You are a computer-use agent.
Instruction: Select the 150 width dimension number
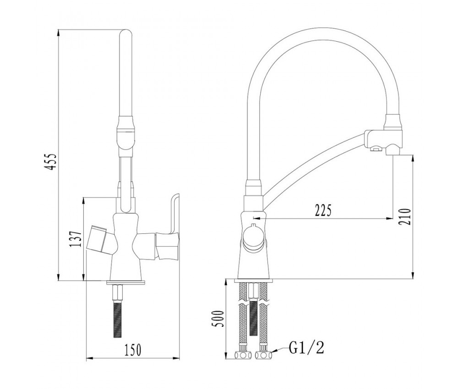(133, 350)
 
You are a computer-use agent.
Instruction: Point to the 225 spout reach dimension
(323, 211)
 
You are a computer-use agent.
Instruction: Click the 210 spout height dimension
(406, 216)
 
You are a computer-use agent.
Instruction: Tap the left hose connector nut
(243, 355)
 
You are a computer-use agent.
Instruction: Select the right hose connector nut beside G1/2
(264, 355)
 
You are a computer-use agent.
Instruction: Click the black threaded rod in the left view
(117, 319)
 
